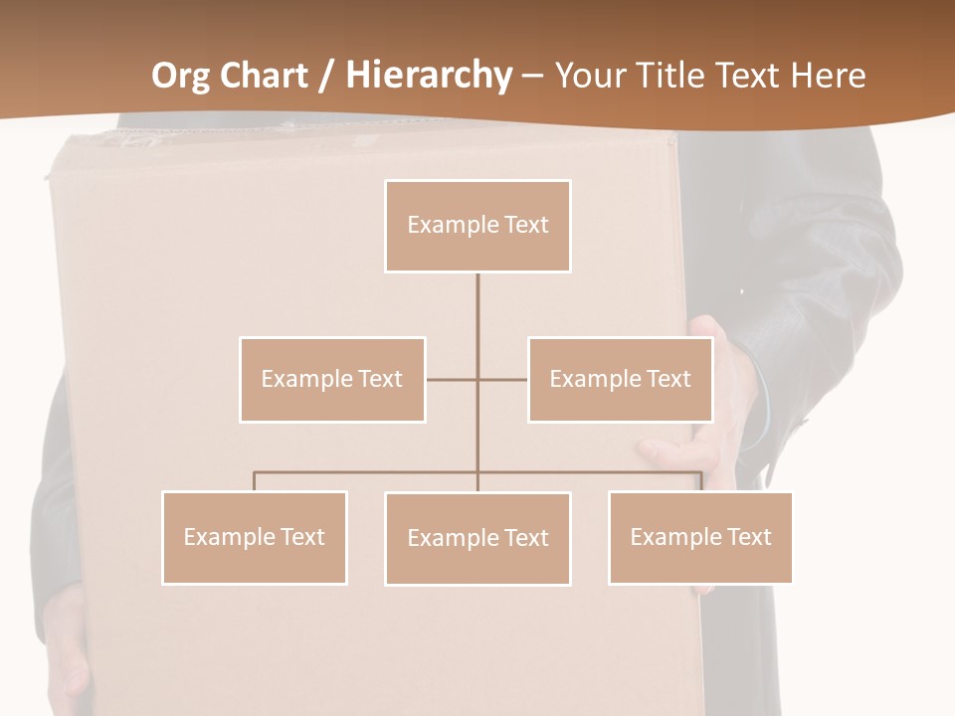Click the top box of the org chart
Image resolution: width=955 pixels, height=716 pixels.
click(477, 226)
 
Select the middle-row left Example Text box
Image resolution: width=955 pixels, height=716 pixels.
click(332, 379)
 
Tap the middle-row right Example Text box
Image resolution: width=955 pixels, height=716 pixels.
click(620, 379)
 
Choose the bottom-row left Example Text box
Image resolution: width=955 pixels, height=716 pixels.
click(255, 537)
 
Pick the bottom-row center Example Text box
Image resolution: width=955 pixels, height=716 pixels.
click(477, 538)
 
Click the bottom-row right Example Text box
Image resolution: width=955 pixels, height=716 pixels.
click(700, 537)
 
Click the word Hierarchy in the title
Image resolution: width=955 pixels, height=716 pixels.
click(429, 76)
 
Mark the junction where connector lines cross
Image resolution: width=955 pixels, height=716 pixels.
click(477, 379)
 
